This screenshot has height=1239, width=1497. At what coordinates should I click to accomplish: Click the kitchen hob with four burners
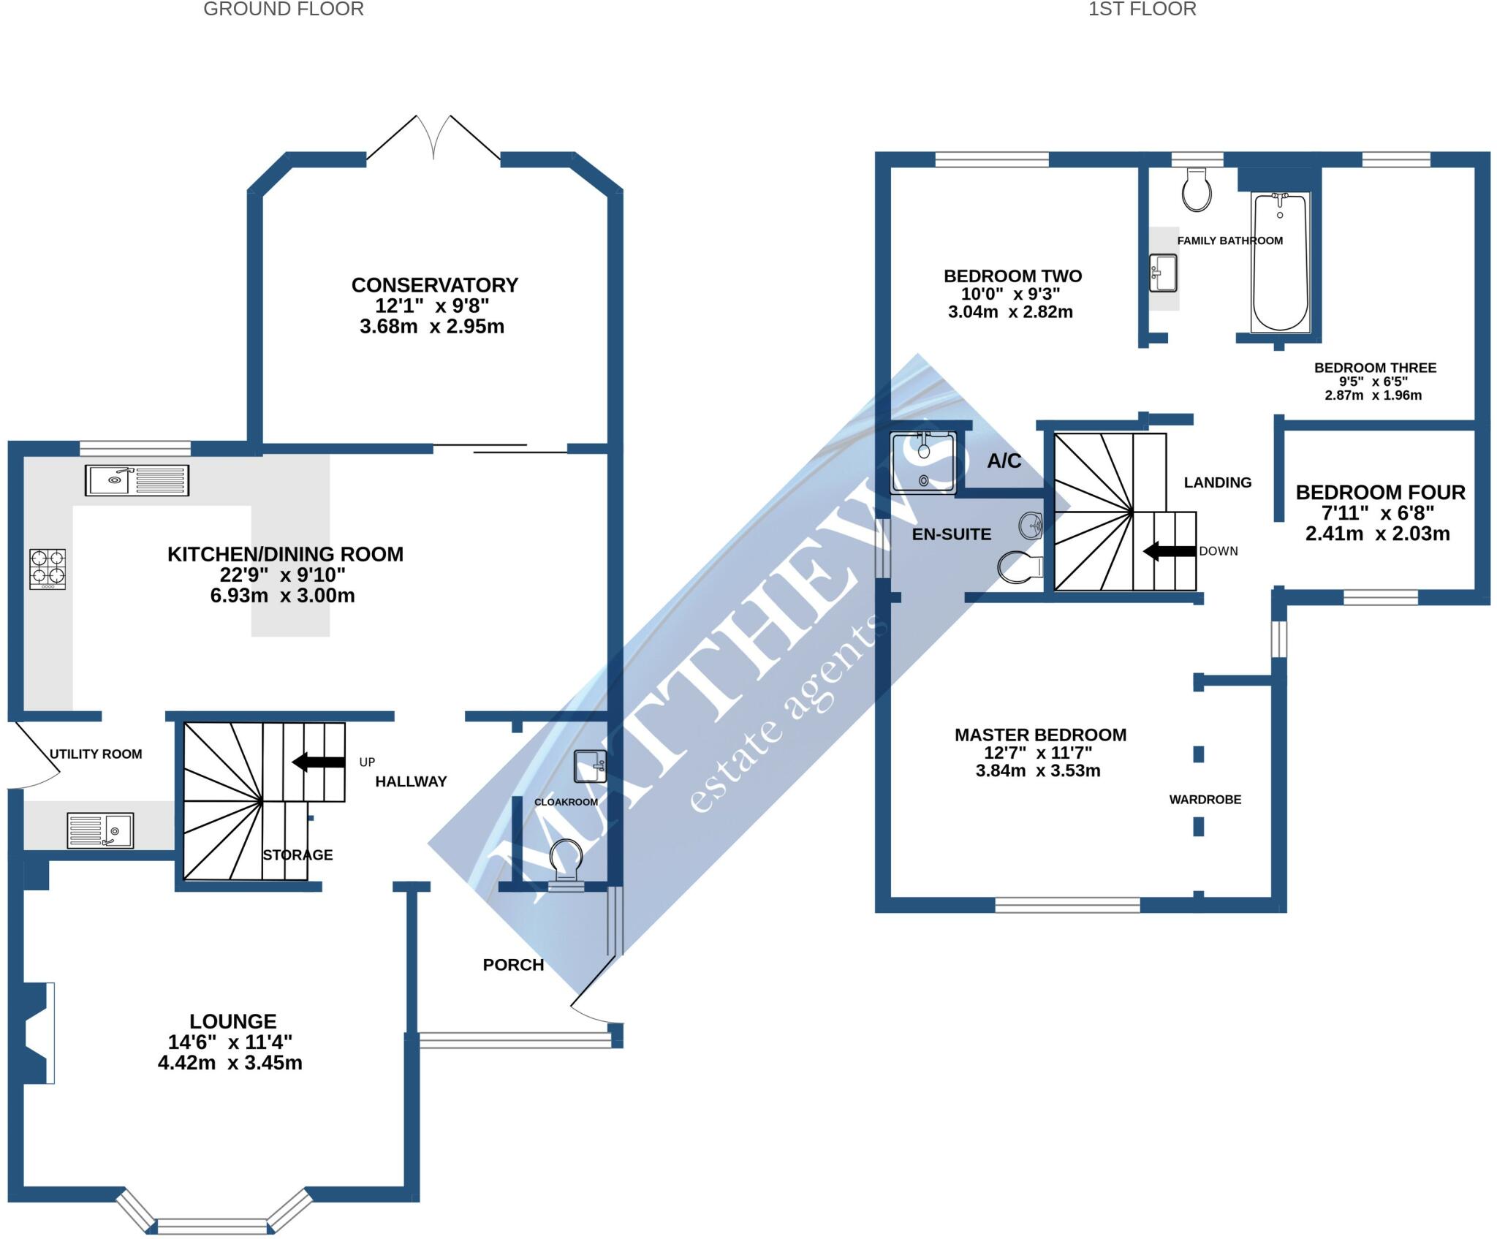coord(48,569)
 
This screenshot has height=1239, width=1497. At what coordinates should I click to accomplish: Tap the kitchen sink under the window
coord(137,480)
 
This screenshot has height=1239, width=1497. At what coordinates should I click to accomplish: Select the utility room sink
coord(100,830)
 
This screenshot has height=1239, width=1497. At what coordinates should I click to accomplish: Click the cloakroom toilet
coord(566,863)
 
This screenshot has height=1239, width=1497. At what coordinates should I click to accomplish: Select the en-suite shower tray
coord(922,463)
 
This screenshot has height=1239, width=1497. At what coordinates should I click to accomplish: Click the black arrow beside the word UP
coord(319,762)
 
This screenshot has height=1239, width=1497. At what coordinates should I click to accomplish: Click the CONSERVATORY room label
coord(435,285)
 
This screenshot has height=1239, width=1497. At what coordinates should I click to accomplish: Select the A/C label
coord(1004,461)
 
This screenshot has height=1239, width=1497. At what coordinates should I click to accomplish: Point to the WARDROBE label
coord(1205,800)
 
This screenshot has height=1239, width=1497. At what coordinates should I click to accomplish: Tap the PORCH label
coord(513,965)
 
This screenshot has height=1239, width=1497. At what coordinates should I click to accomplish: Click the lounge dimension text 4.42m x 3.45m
coord(230,1063)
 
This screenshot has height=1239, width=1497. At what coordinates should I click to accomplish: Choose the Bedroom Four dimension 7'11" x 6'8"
coord(1378,513)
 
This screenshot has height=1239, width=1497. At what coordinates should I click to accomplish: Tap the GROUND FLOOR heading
coord(283,10)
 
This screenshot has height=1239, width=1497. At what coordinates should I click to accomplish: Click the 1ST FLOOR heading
coord(1142,10)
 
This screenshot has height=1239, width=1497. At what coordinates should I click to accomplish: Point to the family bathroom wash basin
coord(1163,273)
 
